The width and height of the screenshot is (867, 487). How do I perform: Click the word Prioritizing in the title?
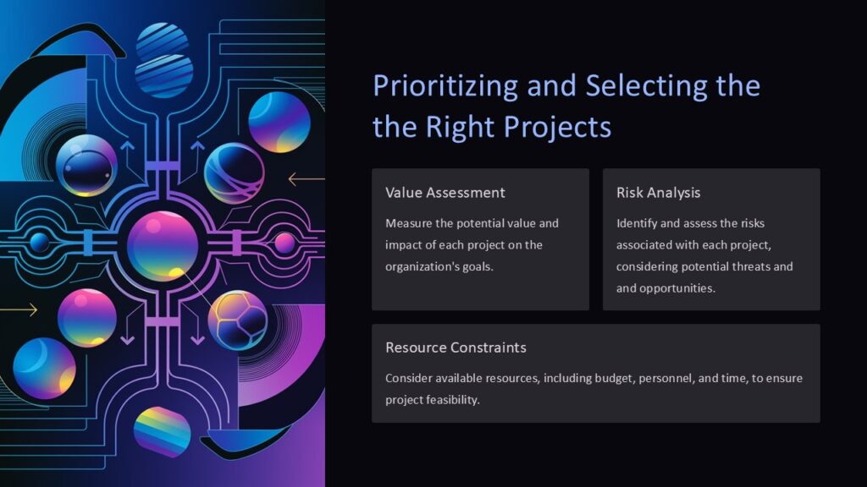click(x=445, y=86)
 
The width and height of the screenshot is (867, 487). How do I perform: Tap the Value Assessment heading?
click(x=445, y=193)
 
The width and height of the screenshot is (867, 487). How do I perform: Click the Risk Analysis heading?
click(x=658, y=193)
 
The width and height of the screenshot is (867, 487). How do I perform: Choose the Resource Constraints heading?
click(x=456, y=347)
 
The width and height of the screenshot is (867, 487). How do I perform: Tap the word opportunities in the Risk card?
click(x=679, y=288)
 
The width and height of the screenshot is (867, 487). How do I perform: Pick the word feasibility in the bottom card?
click(x=457, y=399)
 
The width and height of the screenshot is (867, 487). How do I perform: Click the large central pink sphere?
click(x=163, y=245)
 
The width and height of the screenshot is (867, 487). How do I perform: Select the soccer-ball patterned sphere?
click(x=237, y=320)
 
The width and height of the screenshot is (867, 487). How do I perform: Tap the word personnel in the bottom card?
click(x=665, y=378)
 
